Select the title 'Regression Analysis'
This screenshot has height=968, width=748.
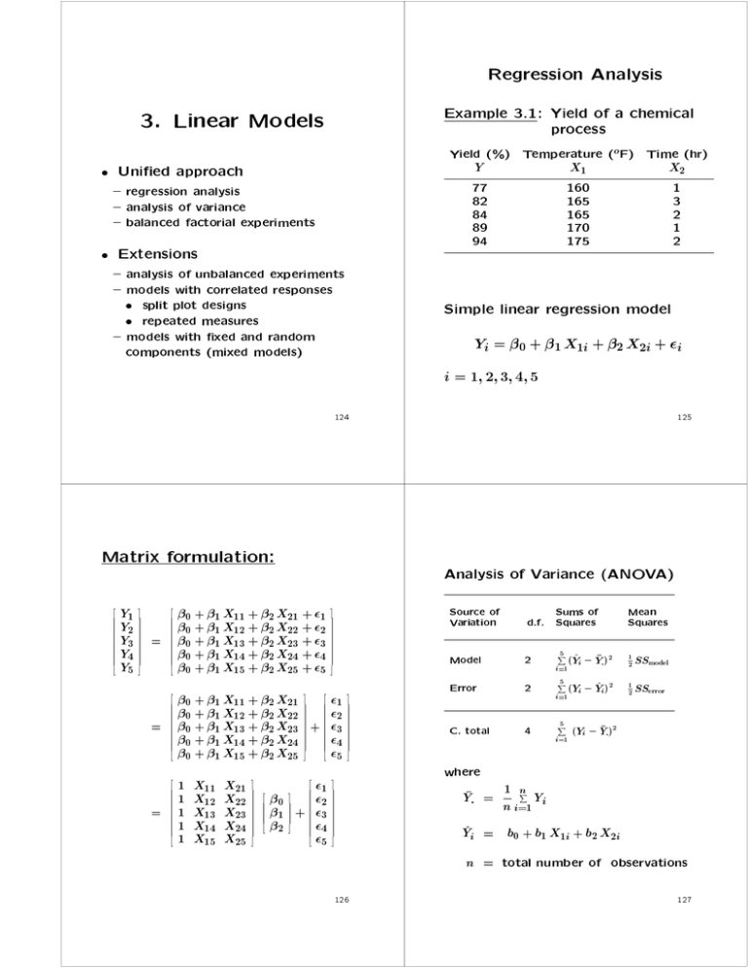tap(561, 74)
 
